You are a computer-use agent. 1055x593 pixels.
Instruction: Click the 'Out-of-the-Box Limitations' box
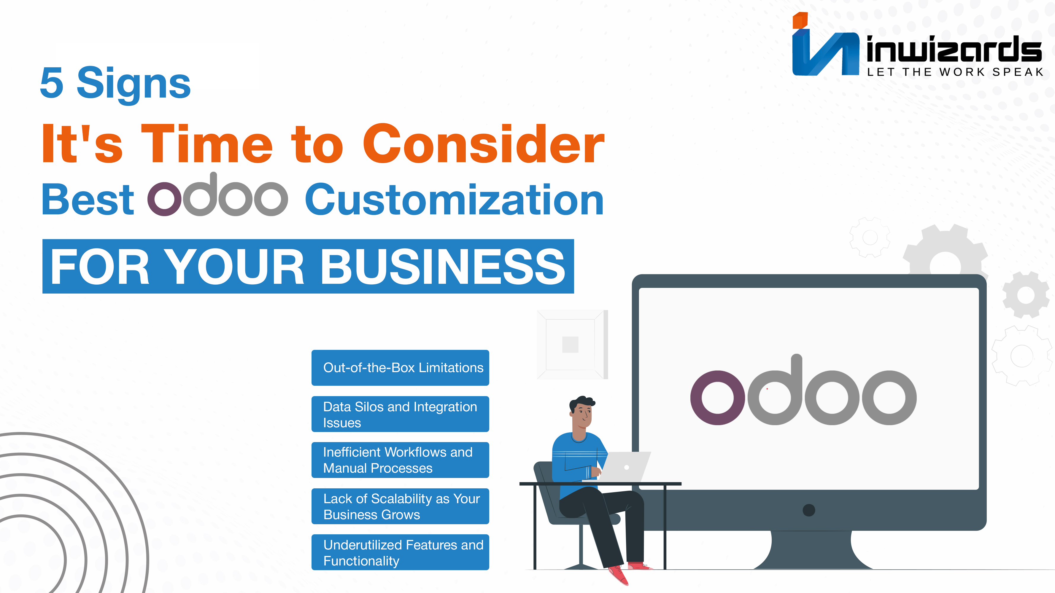[x=400, y=367]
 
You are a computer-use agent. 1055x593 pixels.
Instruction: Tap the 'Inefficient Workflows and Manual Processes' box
[x=400, y=460]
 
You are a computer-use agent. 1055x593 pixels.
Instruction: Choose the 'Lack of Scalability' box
[x=400, y=506]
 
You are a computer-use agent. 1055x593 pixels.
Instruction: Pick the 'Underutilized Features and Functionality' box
[x=400, y=552]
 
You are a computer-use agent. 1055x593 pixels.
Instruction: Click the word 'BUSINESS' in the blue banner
[x=443, y=267]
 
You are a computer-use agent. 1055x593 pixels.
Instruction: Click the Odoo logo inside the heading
[x=217, y=195]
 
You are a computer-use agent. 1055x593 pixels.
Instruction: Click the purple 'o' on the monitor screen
[x=718, y=398]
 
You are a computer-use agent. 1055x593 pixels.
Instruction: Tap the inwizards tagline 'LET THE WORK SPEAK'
[x=955, y=72]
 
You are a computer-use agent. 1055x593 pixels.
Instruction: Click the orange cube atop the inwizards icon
[x=800, y=20]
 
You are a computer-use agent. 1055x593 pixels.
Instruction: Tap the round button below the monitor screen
[x=809, y=510]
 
